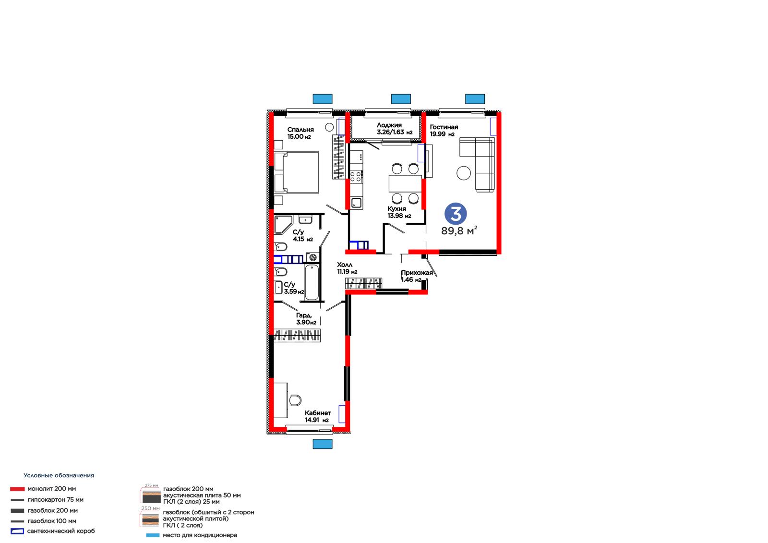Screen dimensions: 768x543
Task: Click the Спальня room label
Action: pyautogui.click(x=300, y=130)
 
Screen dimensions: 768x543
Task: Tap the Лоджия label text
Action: pyautogui.click(x=389, y=125)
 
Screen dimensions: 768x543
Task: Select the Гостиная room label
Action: pyautogui.click(x=444, y=127)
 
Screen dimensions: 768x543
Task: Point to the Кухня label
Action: pyautogui.click(x=396, y=209)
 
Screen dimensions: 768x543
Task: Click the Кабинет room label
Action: pyautogui.click(x=318, y=413)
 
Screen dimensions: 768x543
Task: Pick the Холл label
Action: pyautogui.click(x=345, y=265)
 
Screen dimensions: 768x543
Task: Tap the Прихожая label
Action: pyautogui.click(x=417, y=273)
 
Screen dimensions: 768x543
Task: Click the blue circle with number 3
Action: pyautogui.click(x=456, y=214)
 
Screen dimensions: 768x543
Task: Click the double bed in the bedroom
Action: pyautogui.click(x=297, y=172)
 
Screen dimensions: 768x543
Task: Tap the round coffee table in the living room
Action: pyautogui.click(x=464, y=173)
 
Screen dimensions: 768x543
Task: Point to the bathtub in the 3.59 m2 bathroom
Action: pyautogui.click(x=312, y=282)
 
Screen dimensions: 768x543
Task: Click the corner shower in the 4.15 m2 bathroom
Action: pyautogui.click(x=283, y=224)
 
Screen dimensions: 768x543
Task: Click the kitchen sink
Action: pyautogui.click(x=357, y=203)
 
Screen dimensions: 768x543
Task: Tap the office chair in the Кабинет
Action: pyautogui.click(x=295, y=400)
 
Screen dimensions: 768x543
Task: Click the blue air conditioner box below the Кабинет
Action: pyautogui.click(x=323, y=444)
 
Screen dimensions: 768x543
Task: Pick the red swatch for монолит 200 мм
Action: pyautogui.click(x=17, y=489)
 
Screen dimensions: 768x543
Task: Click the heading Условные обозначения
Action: pyautogui.click(x=59, y=475)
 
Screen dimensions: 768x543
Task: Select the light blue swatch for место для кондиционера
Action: pyautogui.click(x=153, y=535)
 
